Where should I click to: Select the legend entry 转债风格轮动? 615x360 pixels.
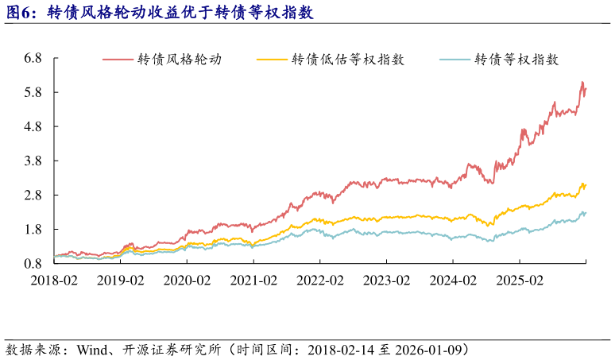(179, 59)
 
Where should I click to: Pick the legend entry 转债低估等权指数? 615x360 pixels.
(348, 59)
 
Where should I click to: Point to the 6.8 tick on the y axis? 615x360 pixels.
(33, 58)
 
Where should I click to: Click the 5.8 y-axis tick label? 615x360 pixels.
(33, 92)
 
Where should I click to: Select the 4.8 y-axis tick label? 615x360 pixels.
(33, 126)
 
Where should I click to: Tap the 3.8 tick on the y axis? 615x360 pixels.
(33, 161)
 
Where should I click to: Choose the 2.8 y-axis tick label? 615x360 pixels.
(33, 195)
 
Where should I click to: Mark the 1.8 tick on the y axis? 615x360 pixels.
(33, 229)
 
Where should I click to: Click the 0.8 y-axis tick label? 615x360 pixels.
(33, 263)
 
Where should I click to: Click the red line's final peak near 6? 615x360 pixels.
(582, 83)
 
